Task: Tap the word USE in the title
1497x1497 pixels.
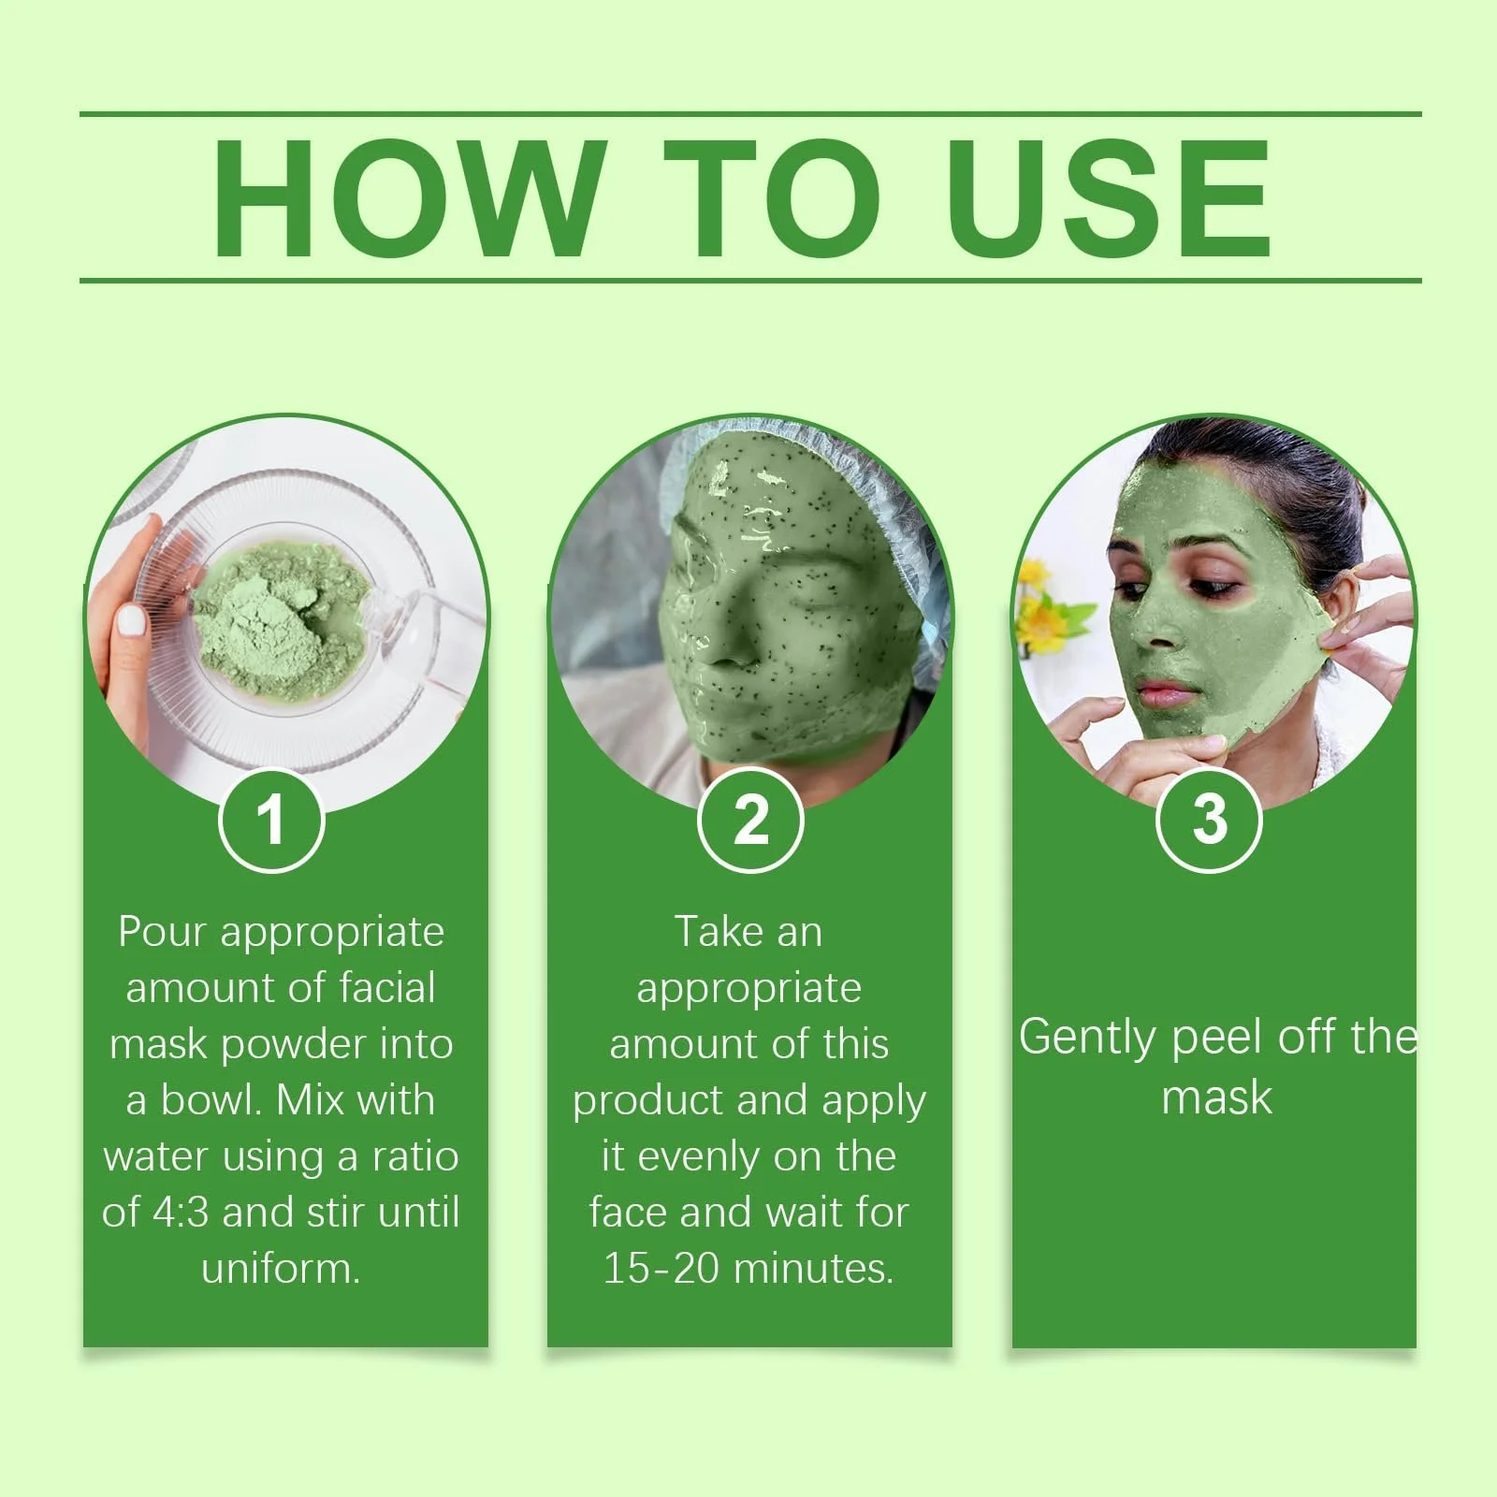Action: point(1110,197)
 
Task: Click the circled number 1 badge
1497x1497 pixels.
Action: point(271,820)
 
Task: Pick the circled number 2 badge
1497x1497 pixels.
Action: point(750,820)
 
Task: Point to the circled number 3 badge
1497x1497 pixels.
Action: point(1210,820)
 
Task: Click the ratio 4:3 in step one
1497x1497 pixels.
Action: point(181,1213)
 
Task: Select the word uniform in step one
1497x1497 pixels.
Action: point(281,1269)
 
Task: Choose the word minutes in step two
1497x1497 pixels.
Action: point(813,1269)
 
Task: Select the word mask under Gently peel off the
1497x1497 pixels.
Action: point(1216,1097)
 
